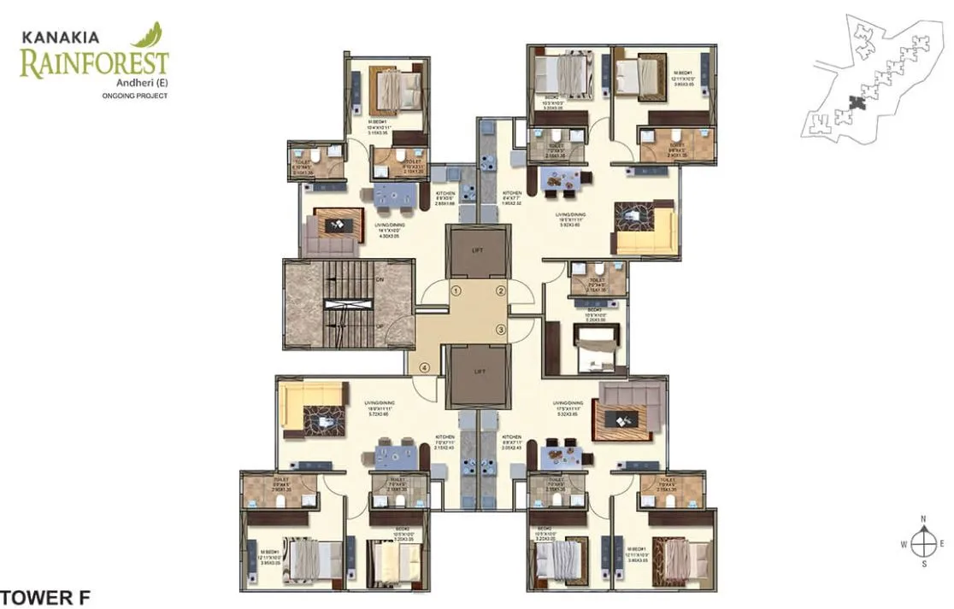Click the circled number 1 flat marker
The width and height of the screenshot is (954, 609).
(x=456, y=290)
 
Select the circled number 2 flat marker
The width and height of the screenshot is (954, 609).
(x=502, y=290)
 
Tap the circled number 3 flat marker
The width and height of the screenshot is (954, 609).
(x=502, y=330)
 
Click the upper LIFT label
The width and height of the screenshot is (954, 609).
(x=479, y=251)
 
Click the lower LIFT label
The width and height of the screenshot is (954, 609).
(x=479, y=372)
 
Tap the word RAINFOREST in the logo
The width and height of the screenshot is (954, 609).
(x=94, y=63)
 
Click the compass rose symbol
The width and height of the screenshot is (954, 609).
(x=923, y=542)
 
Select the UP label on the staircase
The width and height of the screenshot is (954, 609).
(x=380, y=325)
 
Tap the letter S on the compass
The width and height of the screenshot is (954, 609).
(x=923, y=565)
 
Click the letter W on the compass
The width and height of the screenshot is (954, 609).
(x=904, y=543)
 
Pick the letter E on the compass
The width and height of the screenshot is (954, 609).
(x=942, y=543)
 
